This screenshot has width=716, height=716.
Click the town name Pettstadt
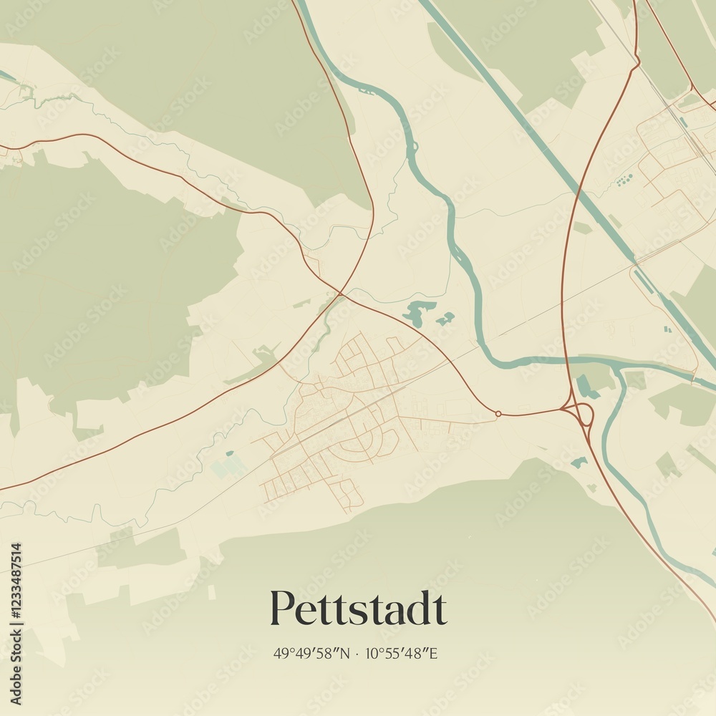coord(358,609)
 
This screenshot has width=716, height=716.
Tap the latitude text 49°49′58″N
coord(312,653)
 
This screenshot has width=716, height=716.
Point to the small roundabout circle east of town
coord(498,413)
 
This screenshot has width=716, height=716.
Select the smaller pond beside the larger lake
coord(445,318)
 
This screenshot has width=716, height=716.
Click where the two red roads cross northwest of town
coord(340,293)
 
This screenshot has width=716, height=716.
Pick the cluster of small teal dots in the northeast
coord(624,179)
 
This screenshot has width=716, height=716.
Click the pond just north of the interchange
coord(586,387)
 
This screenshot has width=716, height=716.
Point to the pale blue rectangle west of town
coord(228,467)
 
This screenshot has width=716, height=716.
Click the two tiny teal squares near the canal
coord(667,329)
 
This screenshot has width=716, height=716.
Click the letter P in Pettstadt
coord(281,609)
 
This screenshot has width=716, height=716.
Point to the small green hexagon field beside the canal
coord(582,228)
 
